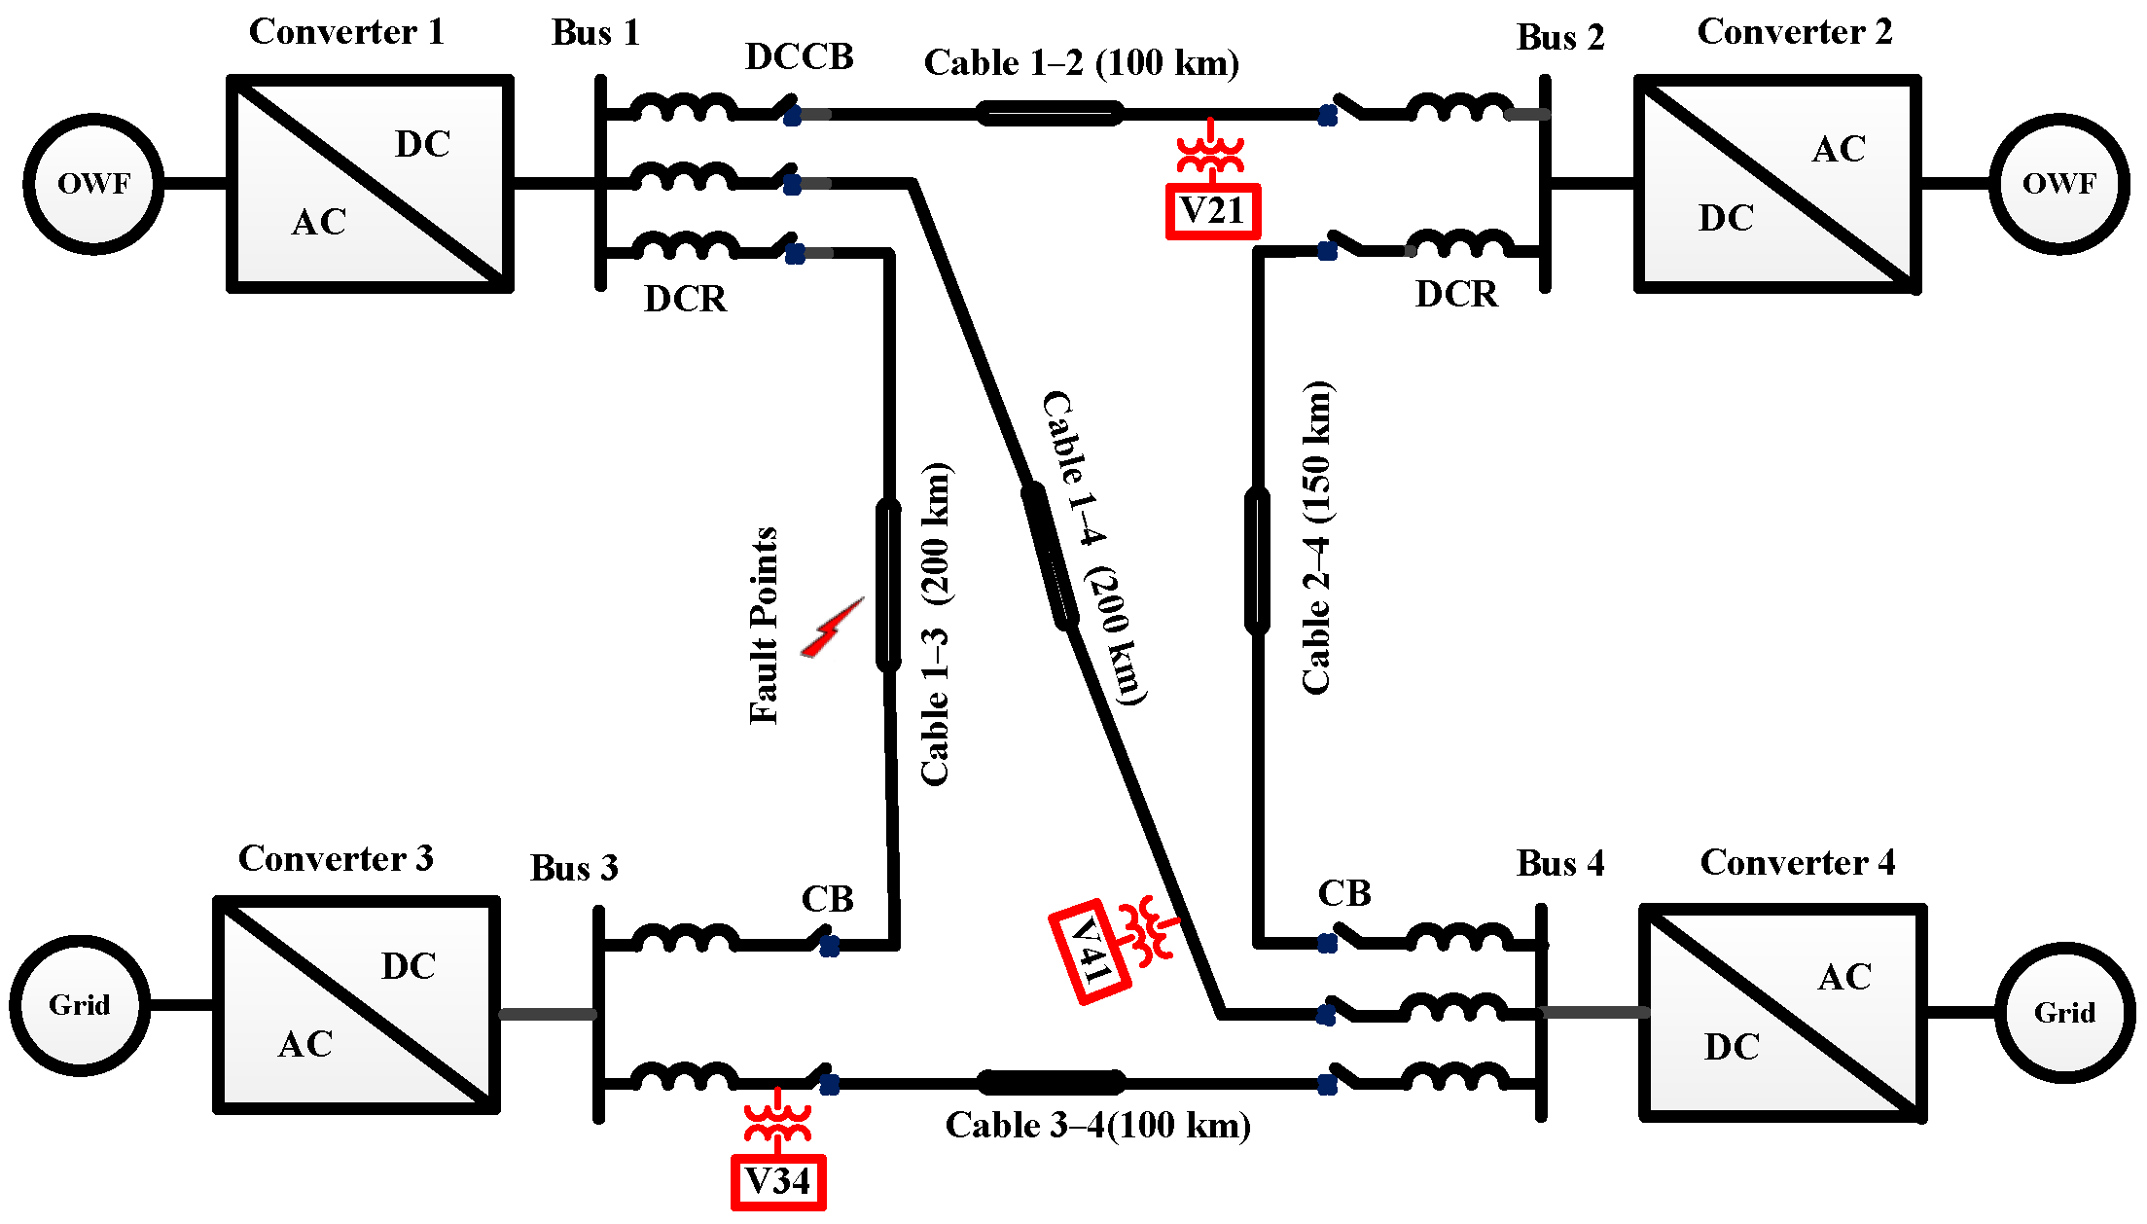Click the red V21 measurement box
coord(1212,211)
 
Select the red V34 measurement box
coord(778,1182)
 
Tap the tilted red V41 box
coord(1091,951)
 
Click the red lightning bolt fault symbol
coord(832,629)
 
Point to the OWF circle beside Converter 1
coord(93,184)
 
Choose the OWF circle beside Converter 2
coord(2058,184)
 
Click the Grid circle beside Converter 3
coord(80,1005)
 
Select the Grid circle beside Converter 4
coord(2064,1013)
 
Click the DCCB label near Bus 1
coord(799,57)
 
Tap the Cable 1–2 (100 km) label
coord(1081,63)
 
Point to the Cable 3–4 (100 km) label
coord(1097,1126)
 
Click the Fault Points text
coord(764,626)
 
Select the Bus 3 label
coord(574,868)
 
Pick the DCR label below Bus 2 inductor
coord(1455,294)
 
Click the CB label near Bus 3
coord(827,899)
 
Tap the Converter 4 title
coord(1797,862)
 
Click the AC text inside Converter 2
coord(1839,149)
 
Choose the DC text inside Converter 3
coord(409,966)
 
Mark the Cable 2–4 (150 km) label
coord(1316,537)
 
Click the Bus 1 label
coord(595,33)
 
